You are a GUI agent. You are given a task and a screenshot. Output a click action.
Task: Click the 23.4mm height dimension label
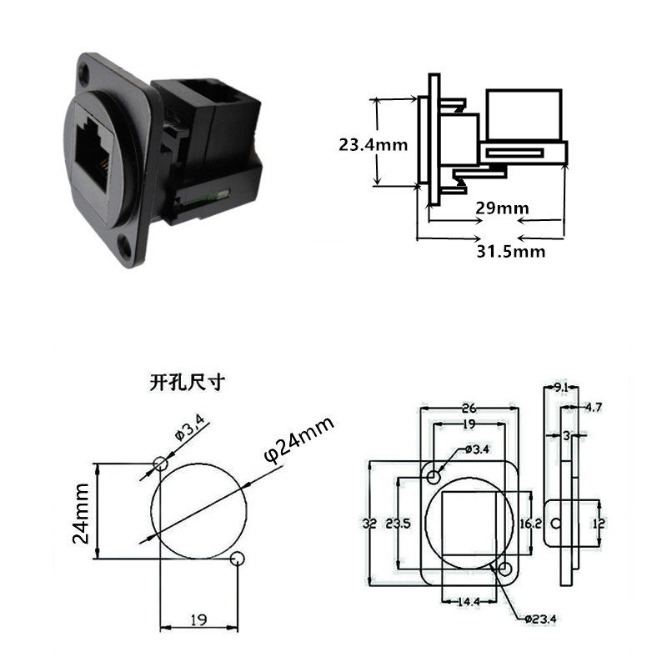(373, 145)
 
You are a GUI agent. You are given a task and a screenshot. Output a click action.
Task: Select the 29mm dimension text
(503, 208)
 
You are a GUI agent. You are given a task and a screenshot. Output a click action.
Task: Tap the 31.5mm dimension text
(511, 252)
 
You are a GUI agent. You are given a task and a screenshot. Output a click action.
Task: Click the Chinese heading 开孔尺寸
(186, 383)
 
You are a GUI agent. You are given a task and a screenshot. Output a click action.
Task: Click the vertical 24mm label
(81, 514)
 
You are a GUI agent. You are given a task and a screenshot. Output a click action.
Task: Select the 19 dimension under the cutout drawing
(198, 619)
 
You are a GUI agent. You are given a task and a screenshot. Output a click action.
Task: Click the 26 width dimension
(469, 409)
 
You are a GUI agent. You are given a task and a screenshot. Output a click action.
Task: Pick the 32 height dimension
(369, 524)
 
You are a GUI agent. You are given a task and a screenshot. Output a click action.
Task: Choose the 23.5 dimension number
(399, 524)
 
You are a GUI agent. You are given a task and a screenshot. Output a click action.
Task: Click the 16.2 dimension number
(531, 524)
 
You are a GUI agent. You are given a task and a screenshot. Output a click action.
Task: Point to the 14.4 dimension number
(469, 602)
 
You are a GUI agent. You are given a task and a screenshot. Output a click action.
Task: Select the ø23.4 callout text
(539, 619)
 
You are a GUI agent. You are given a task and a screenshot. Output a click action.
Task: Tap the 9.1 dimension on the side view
(561, 388)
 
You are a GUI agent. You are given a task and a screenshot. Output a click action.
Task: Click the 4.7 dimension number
(593, 408)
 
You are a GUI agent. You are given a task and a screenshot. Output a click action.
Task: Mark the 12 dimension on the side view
(598, 524)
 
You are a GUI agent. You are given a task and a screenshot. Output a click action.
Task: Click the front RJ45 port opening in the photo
(93, 153)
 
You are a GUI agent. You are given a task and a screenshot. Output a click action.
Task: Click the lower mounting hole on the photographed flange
(125, 246)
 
